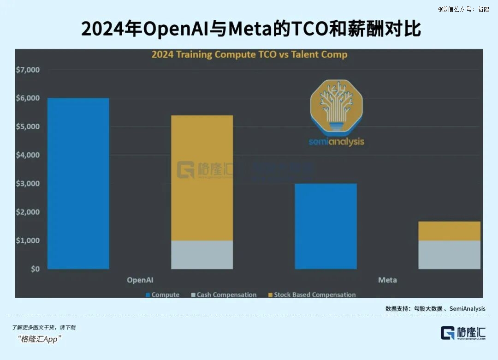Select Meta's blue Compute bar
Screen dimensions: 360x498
point(326,226)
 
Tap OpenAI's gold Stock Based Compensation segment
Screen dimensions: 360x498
point(202,178)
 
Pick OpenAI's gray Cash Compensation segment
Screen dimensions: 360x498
point(202,254)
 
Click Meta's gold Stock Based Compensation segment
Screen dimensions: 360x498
point(449,231)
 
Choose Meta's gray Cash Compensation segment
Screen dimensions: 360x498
point(449,254)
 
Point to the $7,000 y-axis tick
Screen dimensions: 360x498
point(29,70)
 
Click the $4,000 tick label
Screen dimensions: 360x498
point(29,155)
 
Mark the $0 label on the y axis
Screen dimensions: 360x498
point(35,269)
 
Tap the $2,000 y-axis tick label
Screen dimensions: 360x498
point(29,212)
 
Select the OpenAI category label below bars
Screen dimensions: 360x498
point(140,280)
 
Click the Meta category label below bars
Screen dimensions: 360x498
point(387,280)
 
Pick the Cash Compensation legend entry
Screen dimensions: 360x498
point(224,294)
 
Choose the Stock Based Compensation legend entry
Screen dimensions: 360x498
point(311,294)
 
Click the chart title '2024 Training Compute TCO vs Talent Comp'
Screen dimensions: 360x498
point(249,54)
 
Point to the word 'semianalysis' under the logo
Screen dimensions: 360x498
point(336,142)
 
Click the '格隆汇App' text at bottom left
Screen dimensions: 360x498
point(41,339)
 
